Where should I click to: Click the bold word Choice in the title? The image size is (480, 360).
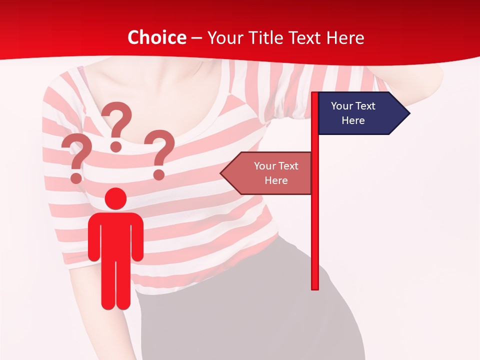tap(156, 37)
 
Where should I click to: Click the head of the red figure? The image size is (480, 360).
tap(115, 198)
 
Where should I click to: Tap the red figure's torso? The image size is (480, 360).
tap(115, 235)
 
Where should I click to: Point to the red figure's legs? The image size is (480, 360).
tap(115, 285)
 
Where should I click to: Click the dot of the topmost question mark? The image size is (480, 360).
tap(116, 146)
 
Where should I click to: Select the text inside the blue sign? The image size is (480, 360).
tap(353, 113)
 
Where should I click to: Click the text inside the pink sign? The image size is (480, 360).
tap(276, 173)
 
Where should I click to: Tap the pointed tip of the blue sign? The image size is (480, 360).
tap(407, 113)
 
